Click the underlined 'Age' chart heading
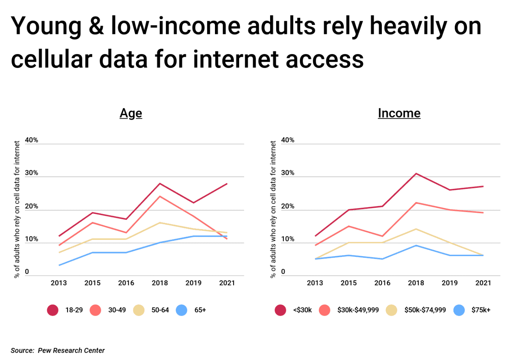tap(131, 113)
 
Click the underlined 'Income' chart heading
tap(399, 113)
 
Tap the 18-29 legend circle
tap(53, 310)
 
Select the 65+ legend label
tap(200, 310)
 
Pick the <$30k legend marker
tap(280, 310)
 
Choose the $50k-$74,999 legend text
tap(425, 310)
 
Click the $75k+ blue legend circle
tap(459, 310)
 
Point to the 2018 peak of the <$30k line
tap(416, 174)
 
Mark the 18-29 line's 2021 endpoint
tap(227, 184)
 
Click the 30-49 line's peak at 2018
tap(160, 196)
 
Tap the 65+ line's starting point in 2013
tap(59, 265)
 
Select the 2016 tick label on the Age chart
tap(126, 283)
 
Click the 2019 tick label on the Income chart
tap(450, 283)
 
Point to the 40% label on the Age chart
tap(31, 140)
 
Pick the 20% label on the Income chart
tap(287, 206)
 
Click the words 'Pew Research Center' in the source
tap(71, 351)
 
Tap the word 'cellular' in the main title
tap(51, 60)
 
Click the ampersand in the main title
tap(96, 26)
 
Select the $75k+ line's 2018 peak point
tap(416, 246)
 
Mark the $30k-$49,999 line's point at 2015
tap(349, 226)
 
